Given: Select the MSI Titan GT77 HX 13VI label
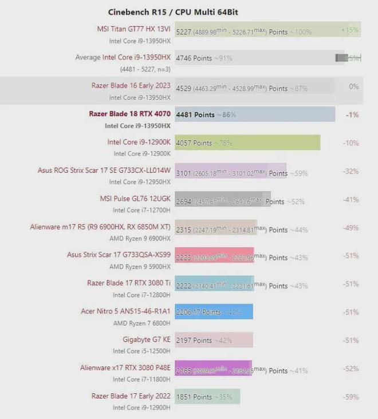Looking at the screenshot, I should coord(134,29).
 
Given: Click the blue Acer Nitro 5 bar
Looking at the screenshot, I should coord(214,312).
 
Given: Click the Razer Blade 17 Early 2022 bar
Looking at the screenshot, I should coord(207,397).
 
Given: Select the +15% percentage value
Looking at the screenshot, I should coord(349,29).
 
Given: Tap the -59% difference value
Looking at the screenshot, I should coord(351,397).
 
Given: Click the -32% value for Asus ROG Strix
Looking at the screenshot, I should coord(351,171).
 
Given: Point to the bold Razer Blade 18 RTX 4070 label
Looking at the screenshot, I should coord(129,114).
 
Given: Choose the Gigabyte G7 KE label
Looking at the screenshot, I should coord(147,340).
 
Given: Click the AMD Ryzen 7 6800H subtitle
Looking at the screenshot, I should coord(141,323).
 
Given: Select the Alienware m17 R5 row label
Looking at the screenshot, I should coord(100,227).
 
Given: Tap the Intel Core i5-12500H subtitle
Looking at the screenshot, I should coord(141,351).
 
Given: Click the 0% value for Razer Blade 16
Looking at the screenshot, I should coord(353,86).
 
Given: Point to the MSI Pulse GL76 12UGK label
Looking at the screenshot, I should coord(135,199).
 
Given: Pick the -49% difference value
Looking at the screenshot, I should coord(351,227).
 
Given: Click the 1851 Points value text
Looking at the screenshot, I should coord(194,397).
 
